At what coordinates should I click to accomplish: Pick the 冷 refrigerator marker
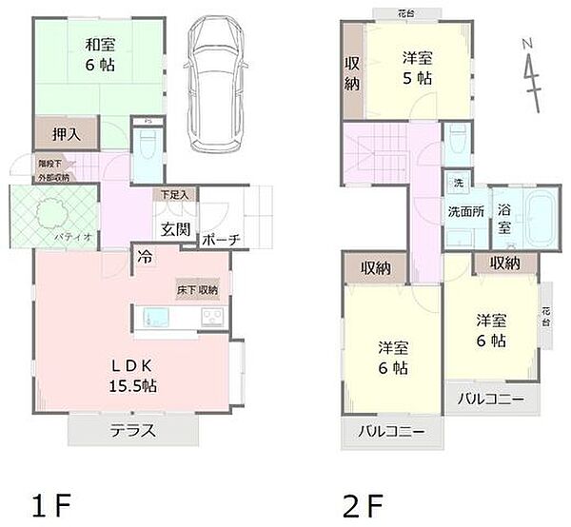pos(145,257)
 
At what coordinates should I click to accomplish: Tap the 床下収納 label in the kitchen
pos(196,288)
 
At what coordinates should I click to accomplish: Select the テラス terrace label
pos(133,430)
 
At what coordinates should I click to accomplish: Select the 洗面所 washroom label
pos(466,212)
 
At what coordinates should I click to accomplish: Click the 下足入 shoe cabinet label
pos(173,195)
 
